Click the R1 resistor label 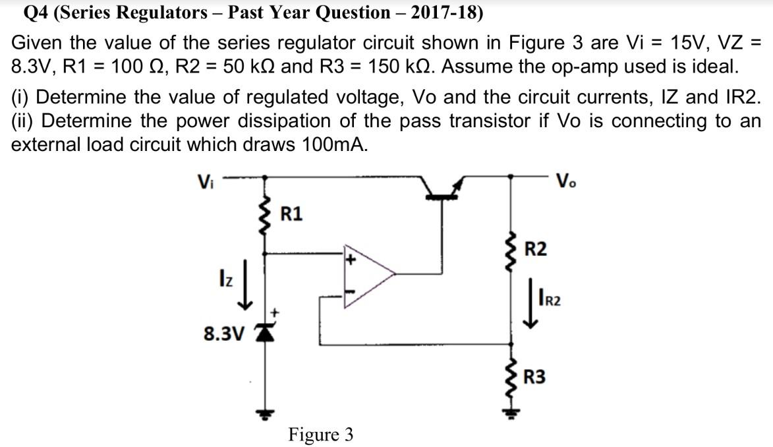[x=292, y=214]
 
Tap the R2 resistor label [x=535, y=249]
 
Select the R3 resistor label [x=535, y=378]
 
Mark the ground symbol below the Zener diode [x=265, y=415]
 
